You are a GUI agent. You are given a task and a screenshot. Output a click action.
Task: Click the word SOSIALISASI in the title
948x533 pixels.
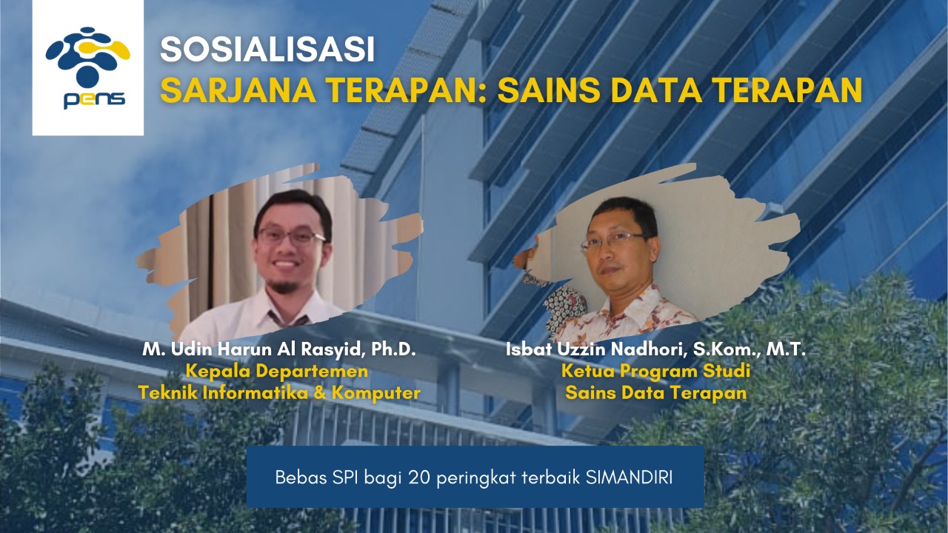pyautogui.click(x=267, y=50)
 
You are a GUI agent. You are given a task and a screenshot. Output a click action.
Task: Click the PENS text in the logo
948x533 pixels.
pyautogui.click(x=94, y=100)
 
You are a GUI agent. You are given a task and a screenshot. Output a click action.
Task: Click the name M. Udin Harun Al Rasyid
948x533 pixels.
pyautogui.click(x=254, y=349)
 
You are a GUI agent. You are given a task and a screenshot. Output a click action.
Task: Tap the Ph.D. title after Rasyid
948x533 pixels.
pyautogui.click(x=393, y=349)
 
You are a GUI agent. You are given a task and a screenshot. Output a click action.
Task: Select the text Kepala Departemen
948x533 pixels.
pyautogui.click(x=277, y=372)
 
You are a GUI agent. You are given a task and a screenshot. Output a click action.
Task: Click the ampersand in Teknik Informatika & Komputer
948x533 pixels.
pyautogui.click(x=321, y=393)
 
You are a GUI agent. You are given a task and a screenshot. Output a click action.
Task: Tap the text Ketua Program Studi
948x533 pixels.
pyautogui.click(x=655, y=372)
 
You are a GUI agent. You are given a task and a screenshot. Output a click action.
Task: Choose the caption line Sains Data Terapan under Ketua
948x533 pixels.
pyautogui.click(x=655, y=393)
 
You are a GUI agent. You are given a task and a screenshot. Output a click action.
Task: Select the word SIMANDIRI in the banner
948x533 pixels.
pyautogui.click(x=629, y=477)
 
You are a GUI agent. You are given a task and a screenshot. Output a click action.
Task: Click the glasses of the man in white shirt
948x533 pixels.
pyautogui.click(x=291, y=237)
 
